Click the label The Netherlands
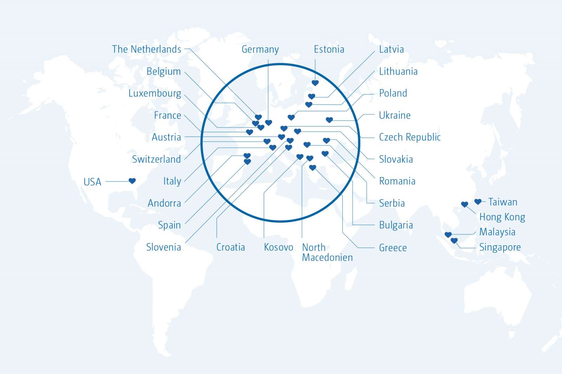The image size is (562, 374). pyautogui.click(x=146, y=49)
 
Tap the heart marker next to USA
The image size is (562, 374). pyautogui.click(x=132, y=181)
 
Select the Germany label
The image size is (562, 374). pyautogui.click(x=260, y=49)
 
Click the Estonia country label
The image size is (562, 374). pyautogui.click(x=329, y=49)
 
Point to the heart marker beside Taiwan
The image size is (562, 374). pyautogui.click(x=478, y=202)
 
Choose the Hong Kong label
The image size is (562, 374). pyautogui.click(x=502, y=217)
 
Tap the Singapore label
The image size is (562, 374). pyautogui.click(x=500, y=247)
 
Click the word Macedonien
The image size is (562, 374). pyautogui.click(x=327, y=258)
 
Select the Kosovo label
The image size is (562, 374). pyautogui.click(x=278, y=247)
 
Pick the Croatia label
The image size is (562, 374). pyautogui.click(x=230, y=247)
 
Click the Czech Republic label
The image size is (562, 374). pyautogui.click(x=410, y=137)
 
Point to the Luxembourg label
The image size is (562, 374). pyautogui.click(x=155, y=94)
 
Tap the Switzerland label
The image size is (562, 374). pyautogui.click(x=156, y=159)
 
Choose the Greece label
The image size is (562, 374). pyautogui.click(x=393, y=248)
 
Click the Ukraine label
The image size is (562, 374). pyautogui.click(x=394, y=115)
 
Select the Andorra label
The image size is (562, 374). pyautogui.click(x=164, y=203)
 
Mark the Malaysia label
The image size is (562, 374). pyautogui.click(x=497, y=232)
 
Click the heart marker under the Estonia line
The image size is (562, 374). pyautogui.click(x=315, y=83)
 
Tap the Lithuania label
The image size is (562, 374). pyautogui.click(x=398, y=72)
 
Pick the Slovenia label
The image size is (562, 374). pyautogui.click(x=163, y=247)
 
